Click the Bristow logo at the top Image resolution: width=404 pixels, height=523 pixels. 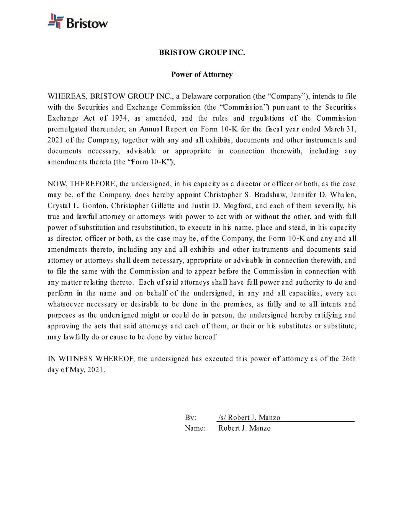78,21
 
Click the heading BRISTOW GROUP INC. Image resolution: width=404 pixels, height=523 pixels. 202,52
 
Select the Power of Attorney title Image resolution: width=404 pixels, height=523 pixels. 202,74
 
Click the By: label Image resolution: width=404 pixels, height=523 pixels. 191,418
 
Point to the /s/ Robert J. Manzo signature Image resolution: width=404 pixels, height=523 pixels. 249,418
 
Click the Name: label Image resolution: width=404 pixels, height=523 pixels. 195,428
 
